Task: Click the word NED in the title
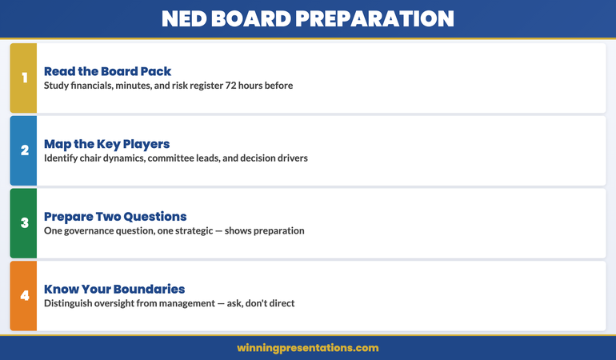pyautogui.click(x=185, y=18)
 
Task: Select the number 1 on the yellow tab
pyautogui.click(x=24, y=78)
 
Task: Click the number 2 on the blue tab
pyautogui.click(x=24, y=150)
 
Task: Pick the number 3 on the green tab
pyautogui.click(x=24, y=223)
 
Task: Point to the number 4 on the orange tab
pyautogui.click(x=24, y=296)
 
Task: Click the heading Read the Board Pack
pyautogui.click(x=107, y=70)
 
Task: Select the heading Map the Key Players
pyautogui.click(x=106, y=144)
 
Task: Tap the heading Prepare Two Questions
pyautogui.click(x=115, y=216)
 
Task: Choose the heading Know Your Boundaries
pyautogui.click(x=114, y=289)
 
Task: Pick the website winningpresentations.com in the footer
pyautogui.click(x=308, y=348)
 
